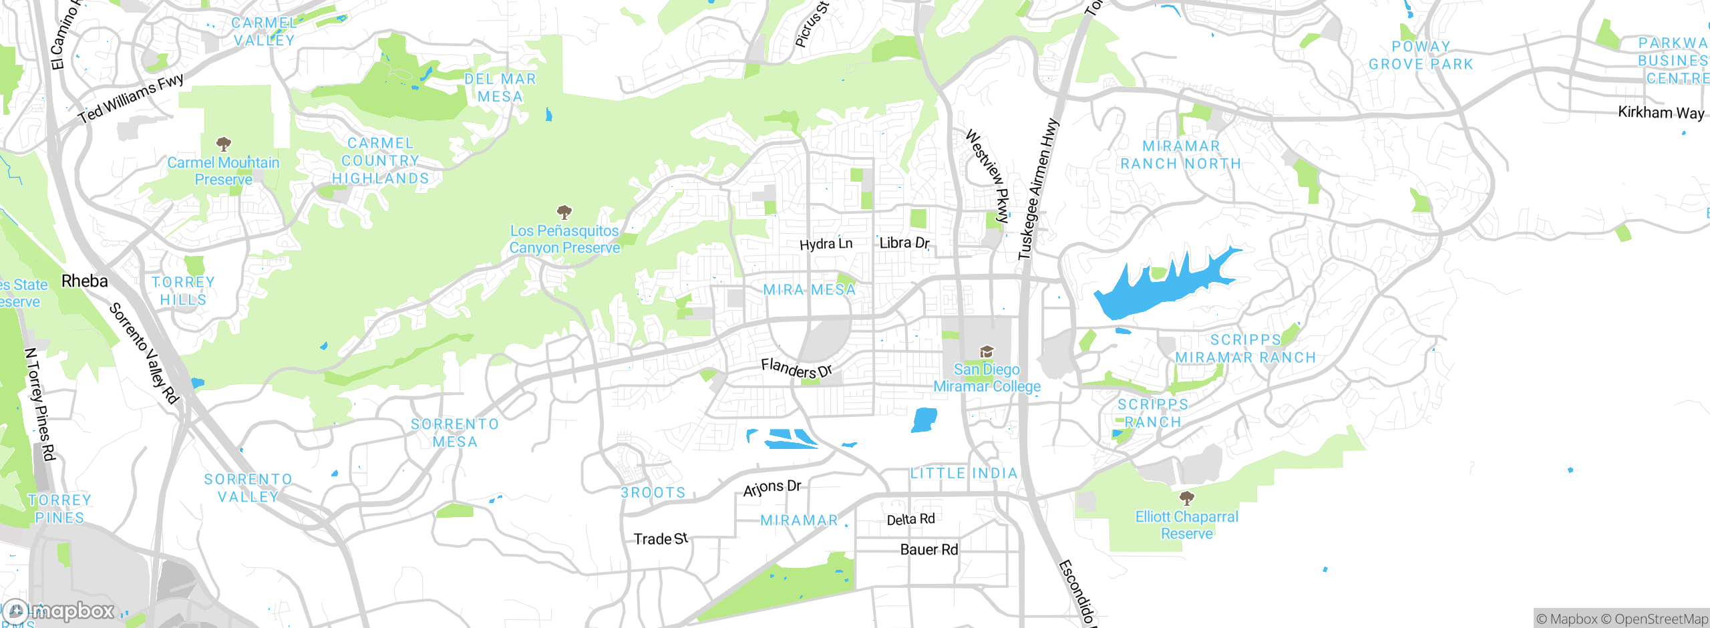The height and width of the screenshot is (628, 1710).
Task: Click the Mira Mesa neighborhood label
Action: [x=809, y=290]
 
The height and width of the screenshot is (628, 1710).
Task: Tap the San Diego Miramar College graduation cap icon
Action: [x=987, y=352]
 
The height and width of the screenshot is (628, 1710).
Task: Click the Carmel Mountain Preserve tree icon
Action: [x=224, y=144]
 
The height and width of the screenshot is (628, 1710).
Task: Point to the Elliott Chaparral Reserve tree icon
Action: [x=1187, y=498]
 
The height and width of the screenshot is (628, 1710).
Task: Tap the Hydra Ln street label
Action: [x=826, y=244]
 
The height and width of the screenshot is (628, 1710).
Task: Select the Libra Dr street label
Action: [x=904, y=243]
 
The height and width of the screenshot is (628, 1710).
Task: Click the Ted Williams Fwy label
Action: [x=131, y=99]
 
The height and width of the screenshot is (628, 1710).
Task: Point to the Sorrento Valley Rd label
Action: [x=144, y=353]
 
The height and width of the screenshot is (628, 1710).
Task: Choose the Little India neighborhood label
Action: [x=964, y=474]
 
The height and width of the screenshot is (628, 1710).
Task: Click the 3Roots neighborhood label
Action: [x=653, y=493]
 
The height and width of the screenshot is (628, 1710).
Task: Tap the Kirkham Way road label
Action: [x=1661, y=112]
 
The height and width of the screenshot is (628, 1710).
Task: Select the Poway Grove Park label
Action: [x=1421, y=55]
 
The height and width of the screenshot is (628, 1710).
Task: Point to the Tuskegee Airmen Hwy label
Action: [x=1039, y=189]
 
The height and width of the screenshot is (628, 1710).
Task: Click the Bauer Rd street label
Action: [x=928, y=550]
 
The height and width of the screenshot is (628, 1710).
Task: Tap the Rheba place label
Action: [x=84, y=281]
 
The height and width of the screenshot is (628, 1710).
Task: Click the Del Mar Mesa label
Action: [x=500, y=88]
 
